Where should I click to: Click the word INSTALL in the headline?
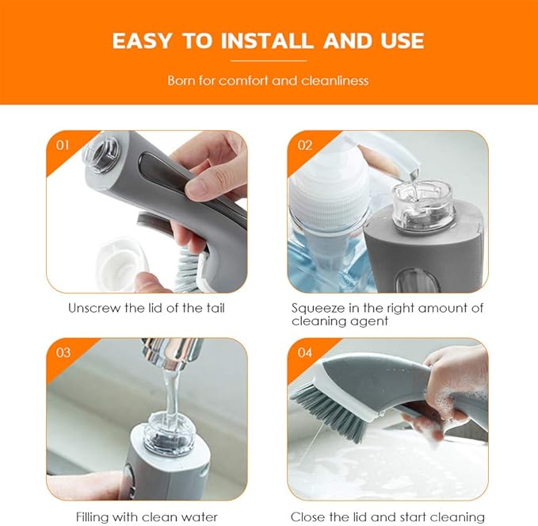267,41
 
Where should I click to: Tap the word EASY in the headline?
141,41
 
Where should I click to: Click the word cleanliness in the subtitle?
335,81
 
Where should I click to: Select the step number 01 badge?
63,145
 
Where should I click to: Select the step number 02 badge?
305,145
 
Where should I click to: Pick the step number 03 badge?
63,353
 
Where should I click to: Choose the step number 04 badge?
305,353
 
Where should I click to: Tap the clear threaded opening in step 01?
102,152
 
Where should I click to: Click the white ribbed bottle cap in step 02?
329,193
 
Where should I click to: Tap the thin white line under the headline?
269,61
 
